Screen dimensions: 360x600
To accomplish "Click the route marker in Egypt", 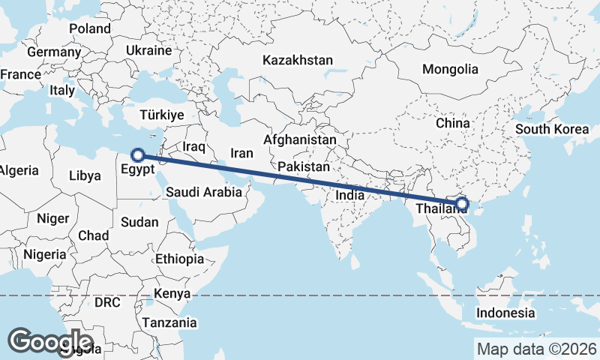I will [x=137, y=155].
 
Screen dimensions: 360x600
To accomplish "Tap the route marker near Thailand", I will [x=461, y=203].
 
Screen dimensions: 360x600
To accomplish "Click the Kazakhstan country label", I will [x=297, y=60].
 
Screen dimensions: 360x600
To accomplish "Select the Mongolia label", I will [x=450, y=69].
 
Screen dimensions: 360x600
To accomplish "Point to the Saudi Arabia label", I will [x=203, y=192].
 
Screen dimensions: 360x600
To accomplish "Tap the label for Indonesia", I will [x=507, y=313].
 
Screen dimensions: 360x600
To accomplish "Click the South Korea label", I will [x=552, y=129].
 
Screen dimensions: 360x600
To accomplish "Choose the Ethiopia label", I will [x=179, y=259].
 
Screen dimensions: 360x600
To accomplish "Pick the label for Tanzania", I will [x=171, y=322].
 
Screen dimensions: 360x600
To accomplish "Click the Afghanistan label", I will [x=299, y=139].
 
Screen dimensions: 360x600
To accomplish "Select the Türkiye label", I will [x=162, y=115].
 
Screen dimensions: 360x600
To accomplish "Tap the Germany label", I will [x=53, y=52].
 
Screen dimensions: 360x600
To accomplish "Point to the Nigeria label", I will [x=45, y=254].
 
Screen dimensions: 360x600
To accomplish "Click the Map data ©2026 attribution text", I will [x=536, y=349].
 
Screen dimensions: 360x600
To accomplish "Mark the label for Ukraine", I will [x=148, y=50].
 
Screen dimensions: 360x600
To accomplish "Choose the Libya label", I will [x=84, y=175].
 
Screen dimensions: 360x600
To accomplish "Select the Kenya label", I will [x=172, y=292].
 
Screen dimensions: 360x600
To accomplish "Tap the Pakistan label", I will [x=303, y=166].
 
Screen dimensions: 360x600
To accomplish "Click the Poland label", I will [x=90, y=28].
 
